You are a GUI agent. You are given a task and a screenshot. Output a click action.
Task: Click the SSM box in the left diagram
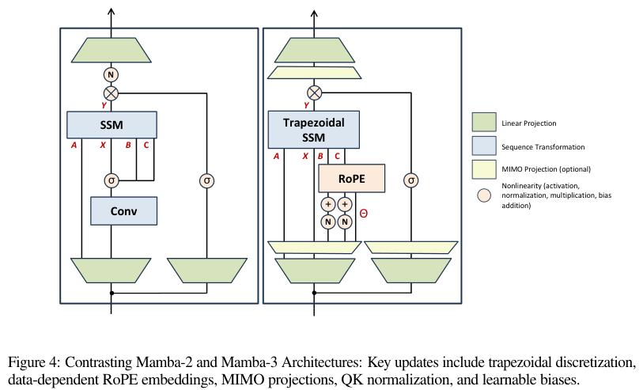112,125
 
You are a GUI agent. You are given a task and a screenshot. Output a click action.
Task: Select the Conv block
123,210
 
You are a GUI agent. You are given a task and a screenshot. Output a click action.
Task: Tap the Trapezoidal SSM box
314,130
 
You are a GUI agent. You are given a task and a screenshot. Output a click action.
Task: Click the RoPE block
351,179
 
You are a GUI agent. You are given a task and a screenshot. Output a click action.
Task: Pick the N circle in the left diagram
111,74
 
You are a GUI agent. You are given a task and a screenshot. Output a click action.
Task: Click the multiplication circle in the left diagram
111,93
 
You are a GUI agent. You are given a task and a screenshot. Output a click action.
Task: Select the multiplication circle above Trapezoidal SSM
314,93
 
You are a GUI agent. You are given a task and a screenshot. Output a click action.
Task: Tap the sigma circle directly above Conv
112,180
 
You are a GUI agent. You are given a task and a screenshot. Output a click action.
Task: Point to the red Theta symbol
363,214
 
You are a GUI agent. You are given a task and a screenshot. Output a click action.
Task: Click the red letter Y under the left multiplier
104,105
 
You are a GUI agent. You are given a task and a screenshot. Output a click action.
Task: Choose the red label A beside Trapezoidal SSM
276,156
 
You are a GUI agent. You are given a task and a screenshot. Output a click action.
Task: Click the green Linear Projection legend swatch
484,122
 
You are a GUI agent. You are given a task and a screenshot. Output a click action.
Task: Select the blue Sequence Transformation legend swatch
484,146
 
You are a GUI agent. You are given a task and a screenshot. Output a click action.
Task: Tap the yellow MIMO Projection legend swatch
484,169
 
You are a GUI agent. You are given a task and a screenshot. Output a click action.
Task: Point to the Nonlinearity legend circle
484,195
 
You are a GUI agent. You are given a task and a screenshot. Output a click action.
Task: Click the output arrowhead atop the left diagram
112,12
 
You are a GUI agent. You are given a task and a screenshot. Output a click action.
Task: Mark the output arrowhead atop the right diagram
314,13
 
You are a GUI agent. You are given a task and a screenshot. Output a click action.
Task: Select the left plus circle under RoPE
328,204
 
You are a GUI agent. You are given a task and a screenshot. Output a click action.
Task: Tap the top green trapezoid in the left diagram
112,50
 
